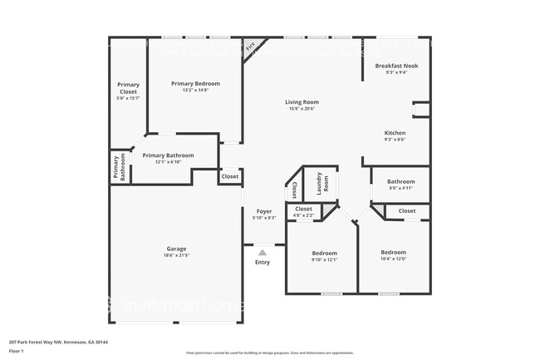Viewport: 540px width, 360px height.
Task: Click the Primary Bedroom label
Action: [x=196, y=84]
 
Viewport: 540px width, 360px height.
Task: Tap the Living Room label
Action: [x=303, y=102]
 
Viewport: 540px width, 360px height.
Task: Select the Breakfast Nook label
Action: [x=396, y=66]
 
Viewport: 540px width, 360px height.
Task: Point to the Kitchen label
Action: [x=395, y=133]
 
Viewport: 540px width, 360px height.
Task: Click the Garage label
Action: [x=175, y=249]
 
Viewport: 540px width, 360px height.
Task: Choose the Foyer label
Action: [x=264, y=211]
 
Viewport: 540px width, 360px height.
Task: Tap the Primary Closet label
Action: [x=128, y=87]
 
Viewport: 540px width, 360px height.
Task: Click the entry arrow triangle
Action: [x=263, y=252]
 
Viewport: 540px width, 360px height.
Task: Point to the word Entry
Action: [x=263, y=263]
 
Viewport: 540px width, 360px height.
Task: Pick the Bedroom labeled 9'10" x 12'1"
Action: [x=325, y=253]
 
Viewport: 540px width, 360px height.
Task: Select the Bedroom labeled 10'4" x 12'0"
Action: [x=394, y=252]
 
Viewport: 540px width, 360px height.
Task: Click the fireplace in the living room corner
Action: [x=252, y=47]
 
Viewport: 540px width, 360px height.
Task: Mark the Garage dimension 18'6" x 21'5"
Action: [x=176, y=255]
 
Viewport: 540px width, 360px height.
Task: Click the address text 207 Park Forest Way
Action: [x=59, y=341]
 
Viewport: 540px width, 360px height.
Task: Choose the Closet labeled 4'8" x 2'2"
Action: [x=304, y=212]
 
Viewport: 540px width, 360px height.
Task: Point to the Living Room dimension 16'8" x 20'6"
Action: [x=303, y=109]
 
